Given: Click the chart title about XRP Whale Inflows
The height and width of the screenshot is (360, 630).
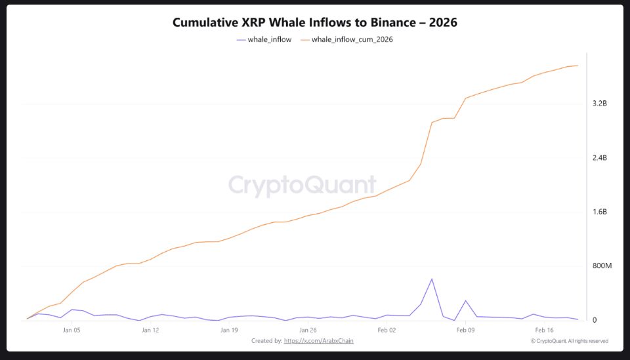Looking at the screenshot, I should coord(314,22).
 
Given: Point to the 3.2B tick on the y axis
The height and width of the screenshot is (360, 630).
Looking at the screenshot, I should coord(599,104).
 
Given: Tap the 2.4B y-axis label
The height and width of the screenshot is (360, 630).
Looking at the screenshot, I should coord(599,158).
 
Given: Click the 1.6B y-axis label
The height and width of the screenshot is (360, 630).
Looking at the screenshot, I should coord(599,212).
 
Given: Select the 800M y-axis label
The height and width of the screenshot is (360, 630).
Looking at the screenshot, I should coord(602,266).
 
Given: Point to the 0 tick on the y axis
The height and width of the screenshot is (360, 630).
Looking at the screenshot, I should coord(595,320).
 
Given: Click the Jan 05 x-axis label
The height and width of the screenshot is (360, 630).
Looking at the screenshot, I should coord(72,330).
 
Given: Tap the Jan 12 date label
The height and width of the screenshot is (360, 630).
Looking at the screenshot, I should coord(150,330).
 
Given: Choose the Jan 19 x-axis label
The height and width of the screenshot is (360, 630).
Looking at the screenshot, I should coord(229,330).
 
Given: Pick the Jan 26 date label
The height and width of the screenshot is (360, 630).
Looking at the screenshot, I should coord(308,330).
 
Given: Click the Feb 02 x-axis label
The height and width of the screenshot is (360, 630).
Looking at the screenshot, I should coord(387,330).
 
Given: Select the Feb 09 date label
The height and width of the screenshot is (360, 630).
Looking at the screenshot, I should coord(465,330).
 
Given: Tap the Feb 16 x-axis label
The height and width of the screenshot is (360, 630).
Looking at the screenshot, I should coord(544,330).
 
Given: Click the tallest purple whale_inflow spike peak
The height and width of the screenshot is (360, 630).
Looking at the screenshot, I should coord(432,279).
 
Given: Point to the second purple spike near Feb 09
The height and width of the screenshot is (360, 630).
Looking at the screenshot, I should coord(465,301).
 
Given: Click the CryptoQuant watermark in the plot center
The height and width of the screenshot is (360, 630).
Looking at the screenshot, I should coord(303,186).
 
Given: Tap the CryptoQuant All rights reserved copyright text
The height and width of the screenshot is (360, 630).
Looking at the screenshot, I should coord(569,341).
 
